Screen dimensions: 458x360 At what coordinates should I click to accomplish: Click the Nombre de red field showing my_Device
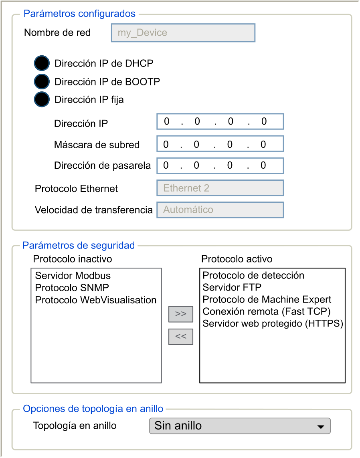(x=183, y=33)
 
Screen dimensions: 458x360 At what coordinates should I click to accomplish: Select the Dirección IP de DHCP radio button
(x=42, y=63)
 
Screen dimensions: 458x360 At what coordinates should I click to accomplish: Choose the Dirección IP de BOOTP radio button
(x=42, y=82)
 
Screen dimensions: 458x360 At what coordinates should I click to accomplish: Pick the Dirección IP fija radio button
(x=42, y=99)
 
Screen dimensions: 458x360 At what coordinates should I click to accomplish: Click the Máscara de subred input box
(x=220, y=144)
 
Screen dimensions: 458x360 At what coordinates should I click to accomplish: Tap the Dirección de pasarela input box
(x=220, y=165)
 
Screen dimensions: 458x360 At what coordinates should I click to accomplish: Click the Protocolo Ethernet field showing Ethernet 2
(x=220, y=188)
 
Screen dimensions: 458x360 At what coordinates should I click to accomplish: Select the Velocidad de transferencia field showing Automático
(x=220, y=210)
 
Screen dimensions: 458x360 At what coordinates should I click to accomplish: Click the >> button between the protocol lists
(x=181, y=314)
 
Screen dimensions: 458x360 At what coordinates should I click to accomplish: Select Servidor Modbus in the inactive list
(x=73, y=276)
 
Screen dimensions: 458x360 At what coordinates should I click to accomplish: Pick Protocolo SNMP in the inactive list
(x=72, y=288)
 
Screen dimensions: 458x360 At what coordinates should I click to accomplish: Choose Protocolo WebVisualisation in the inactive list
(x=96, y=300)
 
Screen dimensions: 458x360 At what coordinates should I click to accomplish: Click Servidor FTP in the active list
(x=232, y=287)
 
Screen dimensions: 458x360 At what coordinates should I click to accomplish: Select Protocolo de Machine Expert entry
(x=267, y=299)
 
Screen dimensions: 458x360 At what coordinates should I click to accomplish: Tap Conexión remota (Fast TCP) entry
(x=266, y=311)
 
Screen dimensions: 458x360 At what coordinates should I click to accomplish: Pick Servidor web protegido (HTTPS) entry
(x=273, y=323)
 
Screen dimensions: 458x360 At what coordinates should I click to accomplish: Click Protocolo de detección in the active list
(x=253, y=275)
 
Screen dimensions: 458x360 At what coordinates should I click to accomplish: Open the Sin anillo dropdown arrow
(x=320, y=426)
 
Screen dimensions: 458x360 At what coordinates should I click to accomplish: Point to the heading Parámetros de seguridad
(x=79, y=245)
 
